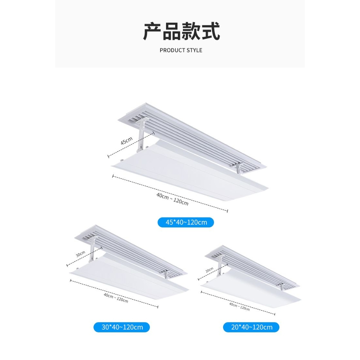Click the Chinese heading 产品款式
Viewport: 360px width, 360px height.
point(181,32)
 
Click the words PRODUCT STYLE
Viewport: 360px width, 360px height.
point(181,50)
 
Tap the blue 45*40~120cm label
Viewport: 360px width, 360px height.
point(186,222)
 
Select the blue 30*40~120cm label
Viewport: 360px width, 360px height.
point(121,327)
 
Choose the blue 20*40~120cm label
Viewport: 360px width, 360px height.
point(251,327)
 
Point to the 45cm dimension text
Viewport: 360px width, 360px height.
point(126,141)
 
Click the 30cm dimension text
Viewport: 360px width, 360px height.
point(81,254)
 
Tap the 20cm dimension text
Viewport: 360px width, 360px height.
point(209,269)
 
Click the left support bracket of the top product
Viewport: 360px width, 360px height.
point(142,134)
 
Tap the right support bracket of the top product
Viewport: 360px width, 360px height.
point(238,169)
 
